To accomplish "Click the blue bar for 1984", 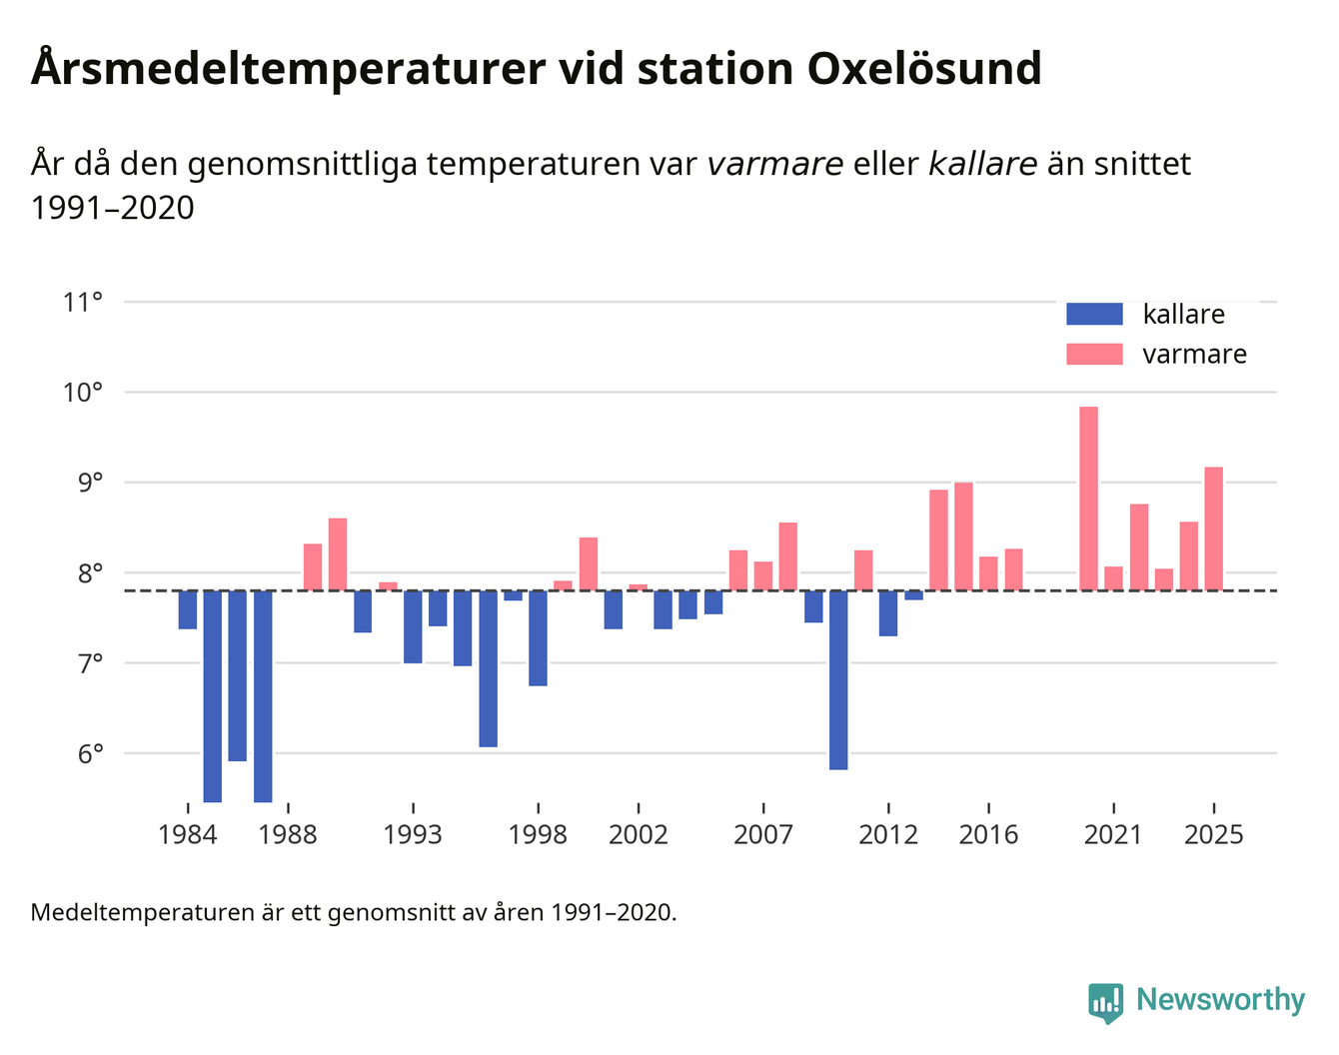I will point(188,609).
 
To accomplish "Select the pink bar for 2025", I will point(1214,528).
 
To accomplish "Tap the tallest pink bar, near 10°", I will point(1089,499).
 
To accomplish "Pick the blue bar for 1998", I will point(538,638).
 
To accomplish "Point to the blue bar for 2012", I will point(888,613).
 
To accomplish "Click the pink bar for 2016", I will point(988,573).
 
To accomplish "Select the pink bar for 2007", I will point(763,575).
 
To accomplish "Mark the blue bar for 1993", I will point(413,626).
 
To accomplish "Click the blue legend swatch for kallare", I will point(1094,314).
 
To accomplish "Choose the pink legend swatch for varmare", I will point(1094,354).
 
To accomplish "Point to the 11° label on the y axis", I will point(83,302).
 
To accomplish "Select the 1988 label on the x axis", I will point(288,834).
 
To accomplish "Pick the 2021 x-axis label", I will point(1113,834).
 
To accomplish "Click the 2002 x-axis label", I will point(638,834).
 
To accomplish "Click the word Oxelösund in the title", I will point(924,68).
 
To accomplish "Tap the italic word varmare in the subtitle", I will point(775,163).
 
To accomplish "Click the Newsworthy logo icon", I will point(1106,1002).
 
